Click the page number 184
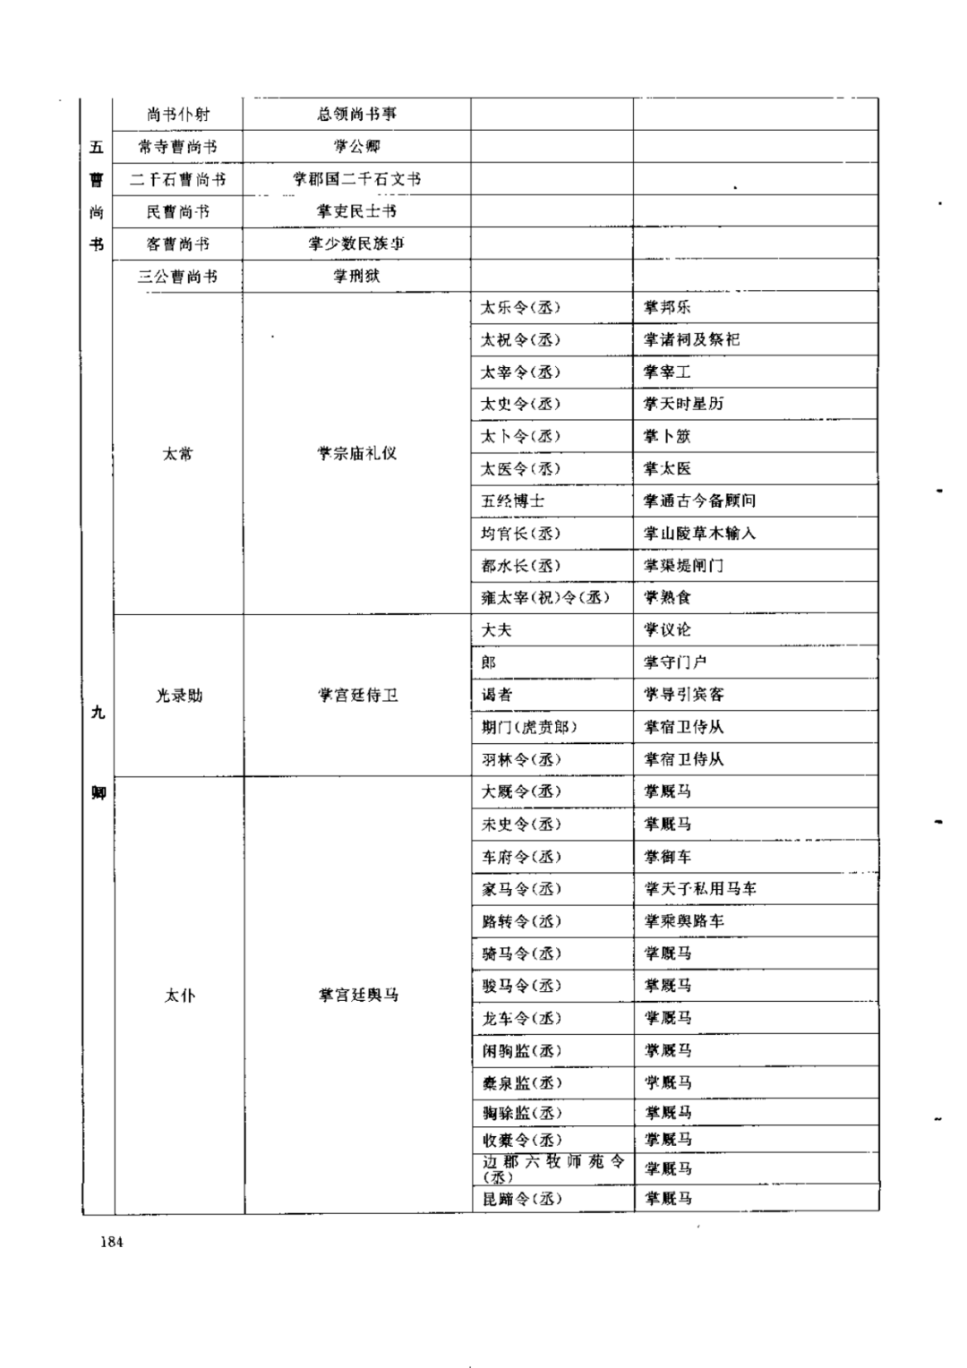(112, 1242)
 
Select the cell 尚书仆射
(178, 115)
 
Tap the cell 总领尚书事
(356, 114)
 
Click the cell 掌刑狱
(356, 276)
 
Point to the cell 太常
(178, 454)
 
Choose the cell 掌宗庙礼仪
(356, 454)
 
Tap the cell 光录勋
(179, 696)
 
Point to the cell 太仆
(179, 996)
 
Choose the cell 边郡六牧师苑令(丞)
(552, 1168)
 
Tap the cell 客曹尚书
(178, 244)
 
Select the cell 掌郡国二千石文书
(356, 179)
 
